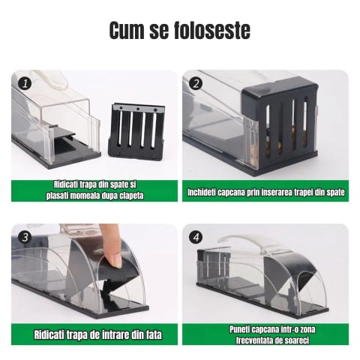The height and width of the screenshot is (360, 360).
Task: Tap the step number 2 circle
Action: tap(196, 82)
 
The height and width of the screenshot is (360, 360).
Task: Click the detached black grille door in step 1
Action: tap(139, 130)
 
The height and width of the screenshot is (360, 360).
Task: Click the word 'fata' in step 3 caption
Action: tap(150, 334)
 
